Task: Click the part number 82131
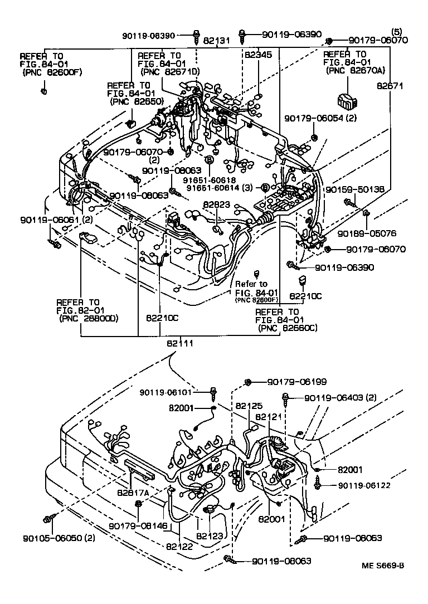pos(216,41)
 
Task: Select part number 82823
pos(216,204)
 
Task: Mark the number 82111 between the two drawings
pos(180,343)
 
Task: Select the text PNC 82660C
pos(288,328)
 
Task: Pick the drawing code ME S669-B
pos(383,566)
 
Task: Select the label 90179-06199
pos(296,382)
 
